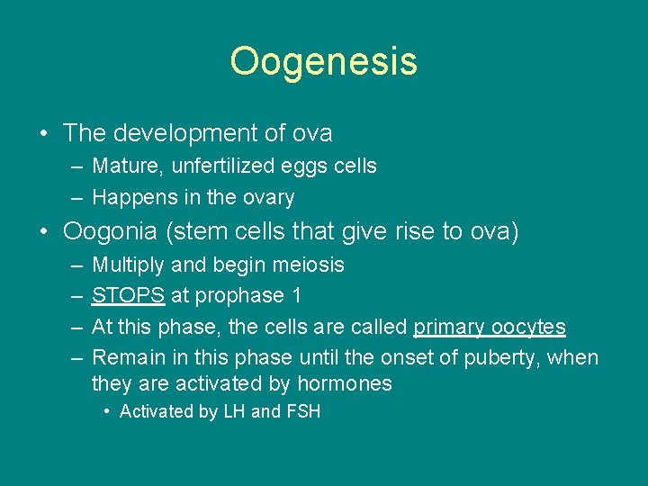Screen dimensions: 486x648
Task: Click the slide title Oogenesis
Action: (323, 62)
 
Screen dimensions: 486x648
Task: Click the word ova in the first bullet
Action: (312, 133)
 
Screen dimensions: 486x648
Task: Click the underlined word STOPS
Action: (128, 295)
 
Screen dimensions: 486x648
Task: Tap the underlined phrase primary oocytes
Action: (489, 327)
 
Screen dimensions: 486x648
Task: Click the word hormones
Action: (346, 383)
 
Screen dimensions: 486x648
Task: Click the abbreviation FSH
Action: (303, 411)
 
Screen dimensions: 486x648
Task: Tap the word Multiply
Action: (125, 265)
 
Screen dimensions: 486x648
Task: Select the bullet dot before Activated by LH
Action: (107, 412)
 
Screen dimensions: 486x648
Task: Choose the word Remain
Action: (125, 357)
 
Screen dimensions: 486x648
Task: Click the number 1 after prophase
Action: (296, 295)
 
